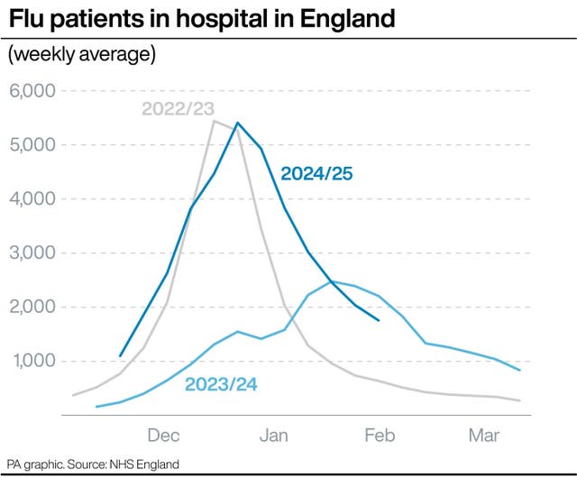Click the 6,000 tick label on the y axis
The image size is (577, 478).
(x=32, y=91)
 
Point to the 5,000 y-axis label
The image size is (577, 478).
(x=32, y=145)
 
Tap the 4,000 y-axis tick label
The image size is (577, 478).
(x=32, y=199)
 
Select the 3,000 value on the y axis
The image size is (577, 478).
(x=32, y=253)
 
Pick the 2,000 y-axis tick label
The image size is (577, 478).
(x=32, y=308)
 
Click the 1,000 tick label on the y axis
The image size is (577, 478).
(x=32, y=362)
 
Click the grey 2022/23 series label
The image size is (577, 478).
(x=178, y=109)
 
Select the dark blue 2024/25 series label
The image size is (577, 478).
(x=317, y=173)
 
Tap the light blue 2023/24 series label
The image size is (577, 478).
(x=221, y=384)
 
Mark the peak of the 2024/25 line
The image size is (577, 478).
(x=237, y=123)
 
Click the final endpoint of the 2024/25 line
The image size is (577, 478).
(x=379, y=320)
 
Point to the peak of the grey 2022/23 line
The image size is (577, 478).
(x=214, y=120)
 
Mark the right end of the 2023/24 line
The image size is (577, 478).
(x=520, y=370)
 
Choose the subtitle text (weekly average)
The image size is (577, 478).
(x=82, y=55)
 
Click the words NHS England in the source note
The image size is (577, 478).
(x=146, y=464)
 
